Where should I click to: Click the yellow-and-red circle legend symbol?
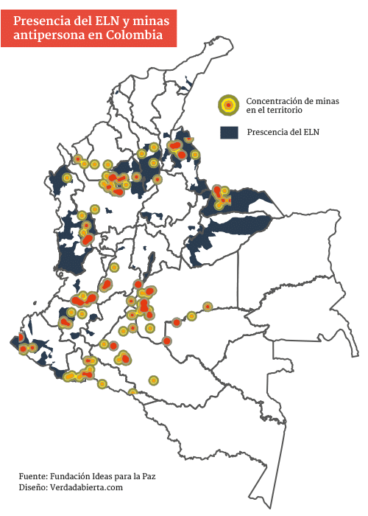pyautogui.click(x=228, y=105)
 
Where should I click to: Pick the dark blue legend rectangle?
pyautogui.click(x=230, y=133)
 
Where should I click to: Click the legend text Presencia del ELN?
pyautogui.click(x=283, y=133)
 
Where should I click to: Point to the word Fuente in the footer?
pyautogui.click(x=34, y=476)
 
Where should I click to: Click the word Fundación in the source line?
pyautogui.click(x=75, y=476)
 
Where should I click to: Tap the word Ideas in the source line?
pyautogui.click(x=112, y=476)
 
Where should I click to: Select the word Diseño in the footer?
pyautogui.click(x=34, y=487)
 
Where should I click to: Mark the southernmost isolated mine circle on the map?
pyautogui.click(x=132, y=391)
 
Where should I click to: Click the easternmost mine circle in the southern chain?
pyautogui.click(x=208, y=306)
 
